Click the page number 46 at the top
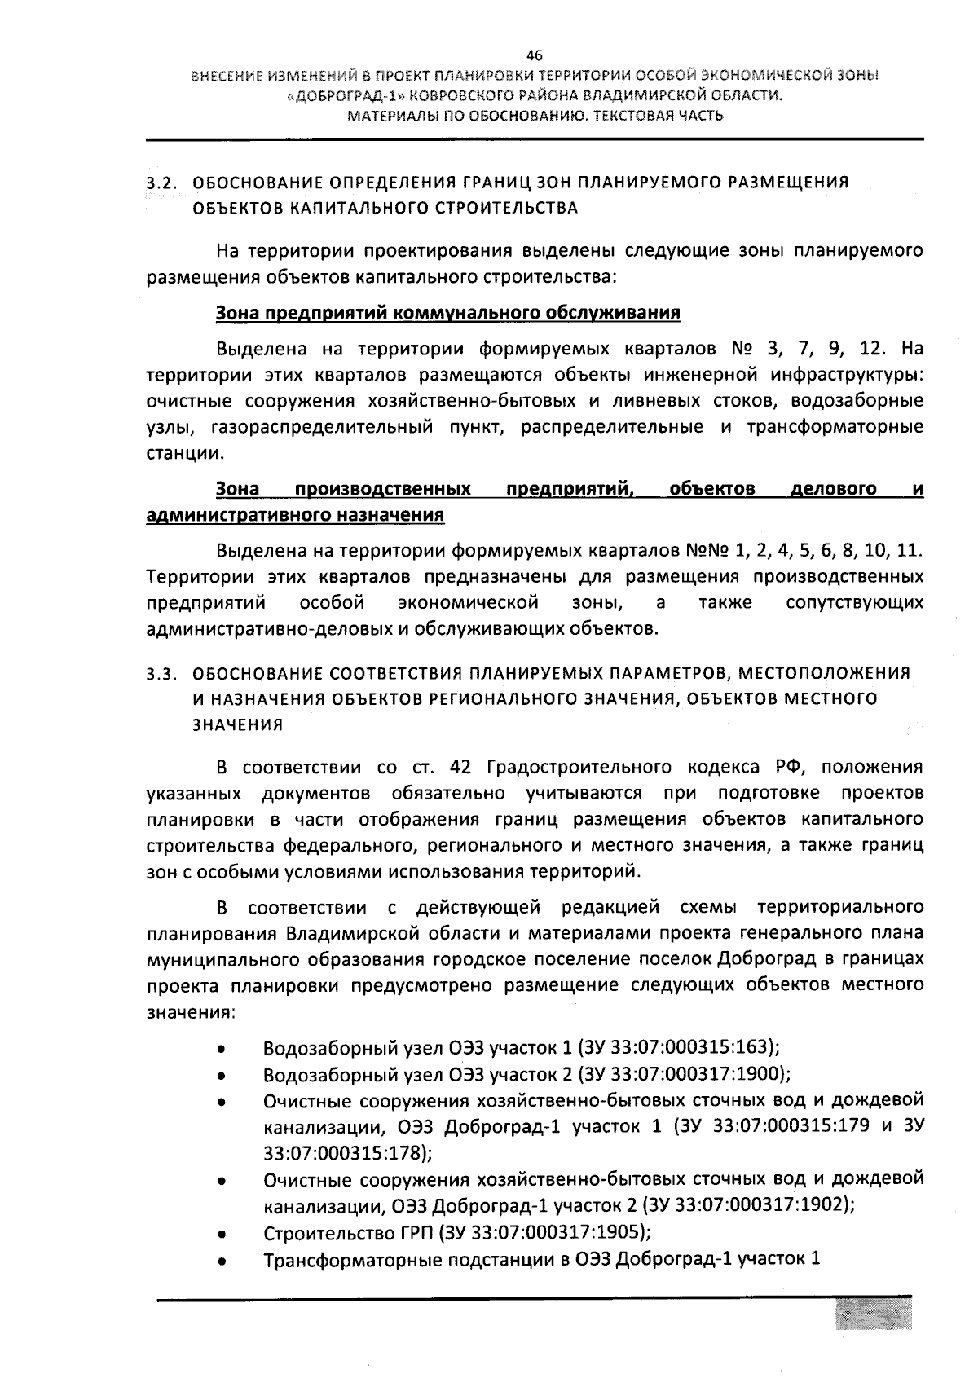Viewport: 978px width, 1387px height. point(534,55)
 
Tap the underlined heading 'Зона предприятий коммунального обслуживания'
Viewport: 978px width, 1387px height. point(448,313)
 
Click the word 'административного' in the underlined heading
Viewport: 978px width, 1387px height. point(231,515)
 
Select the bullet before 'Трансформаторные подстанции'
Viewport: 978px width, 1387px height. point(221,1260)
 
